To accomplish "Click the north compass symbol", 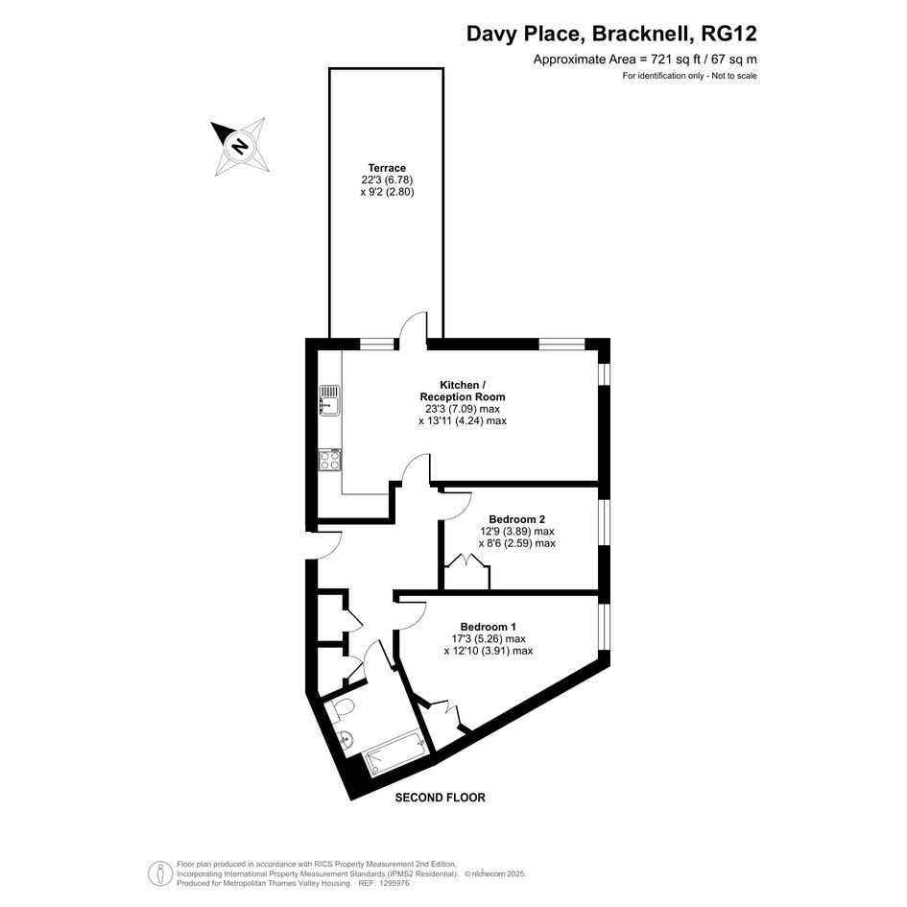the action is [240, 146].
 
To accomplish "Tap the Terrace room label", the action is [387, 168].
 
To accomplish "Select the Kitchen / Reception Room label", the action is [463, 391].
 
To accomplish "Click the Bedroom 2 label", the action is [517, 519].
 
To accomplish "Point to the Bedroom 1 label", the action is [489, 627].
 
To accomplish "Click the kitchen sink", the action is [330, 400].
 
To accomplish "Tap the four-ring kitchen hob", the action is [330, 460].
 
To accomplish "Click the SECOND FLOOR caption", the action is [441, 798].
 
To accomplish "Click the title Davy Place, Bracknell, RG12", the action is [611, 34].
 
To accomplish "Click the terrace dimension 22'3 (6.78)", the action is [387, 179].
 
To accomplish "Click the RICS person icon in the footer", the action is [159, 873].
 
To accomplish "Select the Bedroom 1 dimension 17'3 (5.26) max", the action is [489, 638].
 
